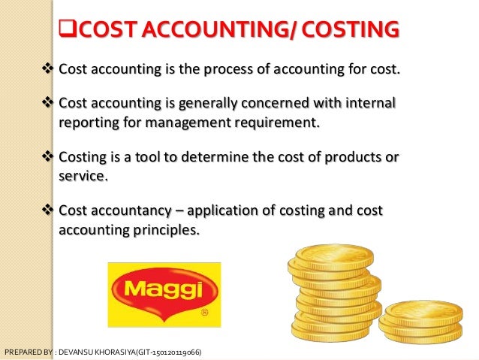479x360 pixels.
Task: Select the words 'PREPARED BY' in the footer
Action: (x=26, y=352)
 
